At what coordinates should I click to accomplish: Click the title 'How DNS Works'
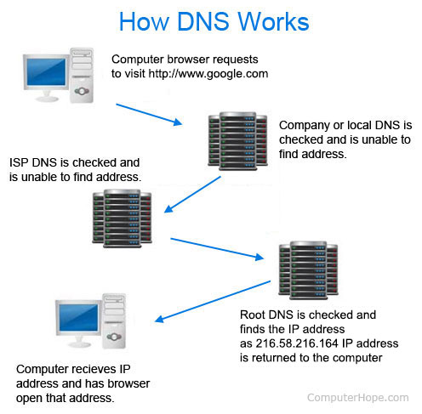(211, 21)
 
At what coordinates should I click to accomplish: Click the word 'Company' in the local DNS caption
(305, 124)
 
